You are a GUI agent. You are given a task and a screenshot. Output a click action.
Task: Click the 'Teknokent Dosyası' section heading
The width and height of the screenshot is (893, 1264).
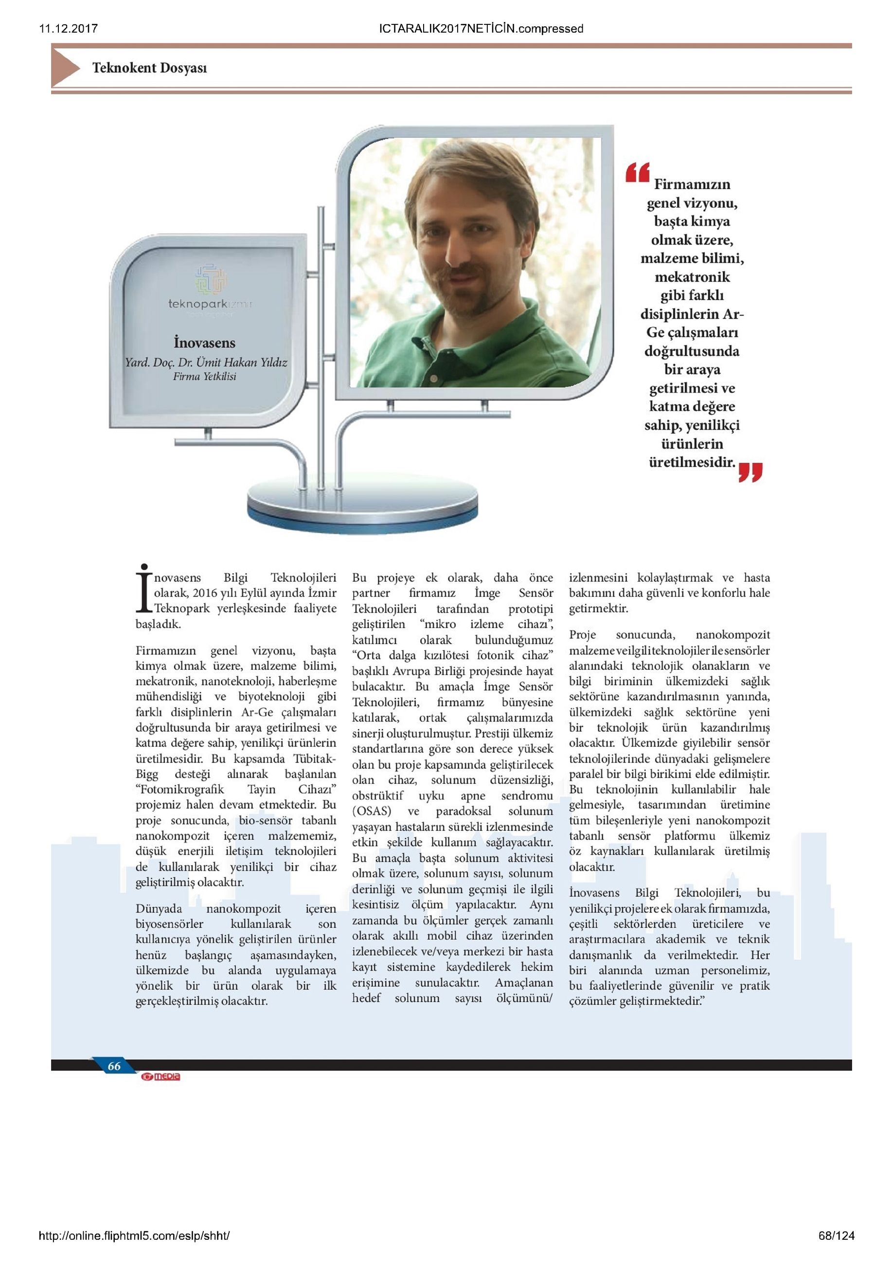[x=149, y=68]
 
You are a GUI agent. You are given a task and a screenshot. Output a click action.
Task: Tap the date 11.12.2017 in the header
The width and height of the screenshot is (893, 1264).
[x=68, y=29]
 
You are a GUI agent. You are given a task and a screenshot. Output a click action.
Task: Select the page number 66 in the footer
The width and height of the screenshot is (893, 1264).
[x=114, y=1066]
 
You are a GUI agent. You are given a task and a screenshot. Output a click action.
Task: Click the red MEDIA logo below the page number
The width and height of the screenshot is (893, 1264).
[x=161, y=1077]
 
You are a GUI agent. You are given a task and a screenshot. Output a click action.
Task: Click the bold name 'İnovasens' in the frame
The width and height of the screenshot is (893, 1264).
[x=204, y=343]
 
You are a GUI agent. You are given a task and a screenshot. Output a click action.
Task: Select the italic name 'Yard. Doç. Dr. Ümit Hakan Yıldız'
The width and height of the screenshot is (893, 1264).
[x=206, y=362]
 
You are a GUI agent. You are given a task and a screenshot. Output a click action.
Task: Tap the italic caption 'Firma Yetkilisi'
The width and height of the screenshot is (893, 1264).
[x=204, y=377]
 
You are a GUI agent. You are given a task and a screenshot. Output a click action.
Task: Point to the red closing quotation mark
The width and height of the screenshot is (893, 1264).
[x=750, y=472]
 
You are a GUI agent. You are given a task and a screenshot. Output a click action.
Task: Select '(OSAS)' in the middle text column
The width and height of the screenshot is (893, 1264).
[x=372, y=811]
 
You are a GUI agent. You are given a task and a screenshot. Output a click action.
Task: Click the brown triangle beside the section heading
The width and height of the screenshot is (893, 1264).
[x=65, y=67]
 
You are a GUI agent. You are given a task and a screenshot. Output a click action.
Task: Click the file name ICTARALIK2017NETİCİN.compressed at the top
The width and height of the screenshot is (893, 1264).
[x=481, y=29]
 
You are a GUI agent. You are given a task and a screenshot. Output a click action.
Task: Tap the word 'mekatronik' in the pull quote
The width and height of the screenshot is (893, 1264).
[x=692, y=277]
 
